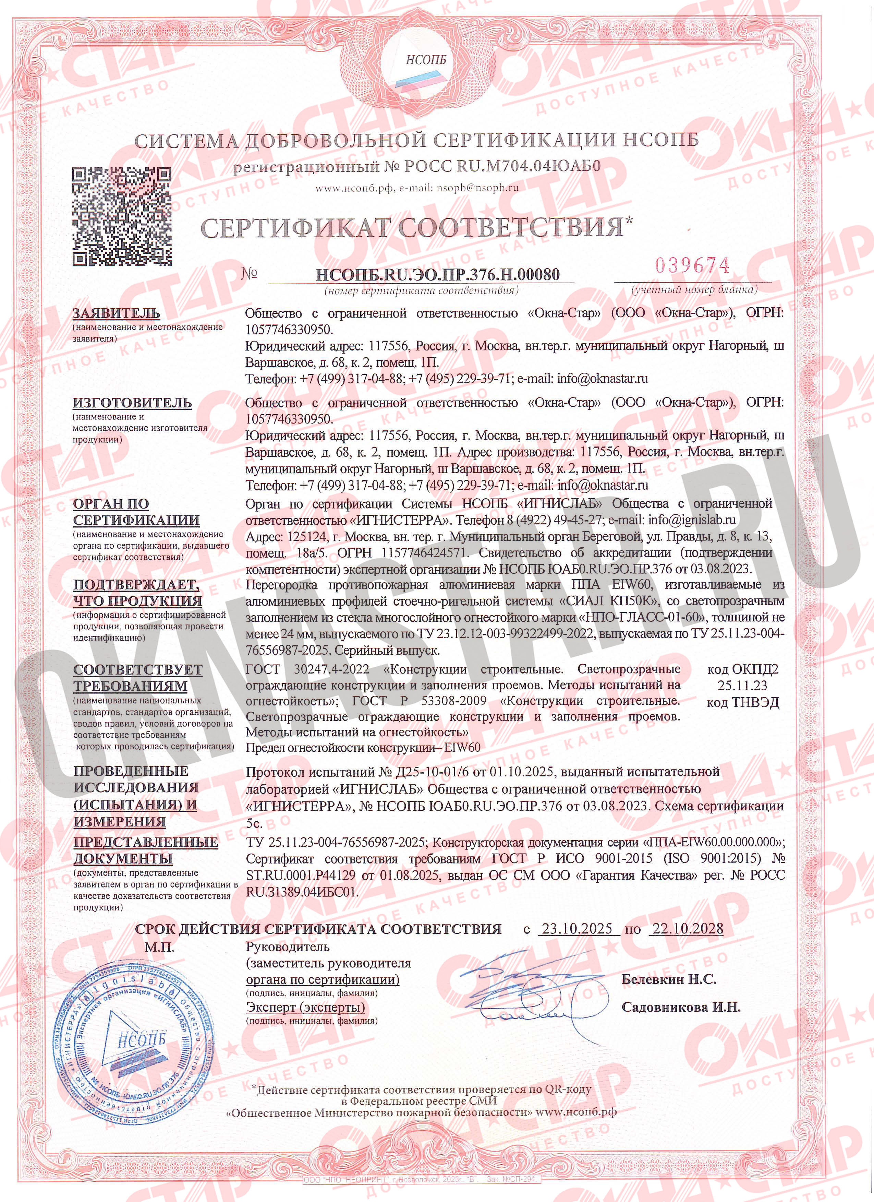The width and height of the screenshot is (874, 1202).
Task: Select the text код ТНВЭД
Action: click(x=743, y=702)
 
